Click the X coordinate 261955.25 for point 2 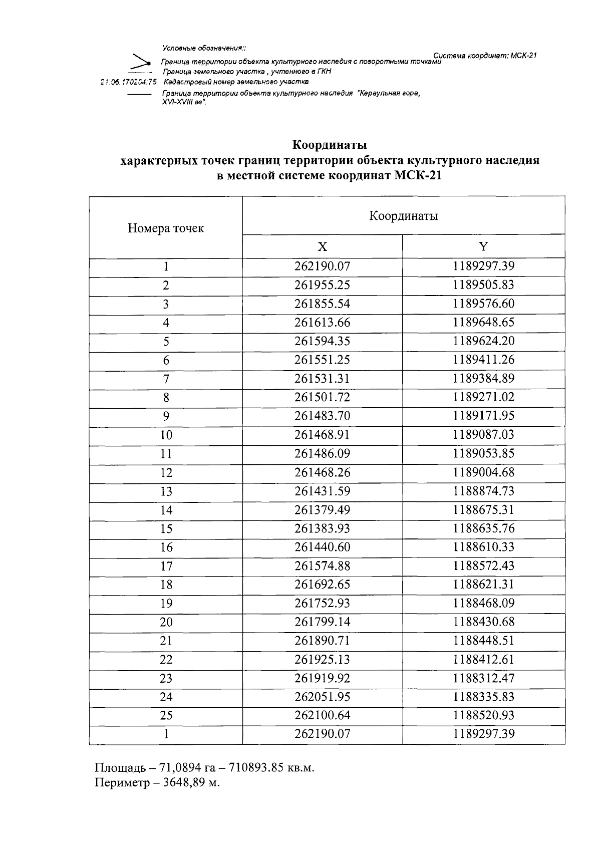[x=322, y=285]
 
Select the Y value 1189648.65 [x=483, y=322]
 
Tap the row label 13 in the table [x=166, y=491]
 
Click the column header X [x=322, y=246]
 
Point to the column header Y [x=483, y=246]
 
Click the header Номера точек [x=166, y=228]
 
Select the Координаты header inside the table [x=403, y=216]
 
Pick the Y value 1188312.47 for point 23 [x=483, y=678]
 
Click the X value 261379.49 [x=322, y=510]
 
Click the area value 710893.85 [x=260, y=768]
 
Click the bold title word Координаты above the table [x=330, y=145]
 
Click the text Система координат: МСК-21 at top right [x=484, y=55]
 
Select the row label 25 [x=166, y=716]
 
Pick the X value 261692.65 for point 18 [x=322, y=585]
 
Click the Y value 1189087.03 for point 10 [x=483, y=435]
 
